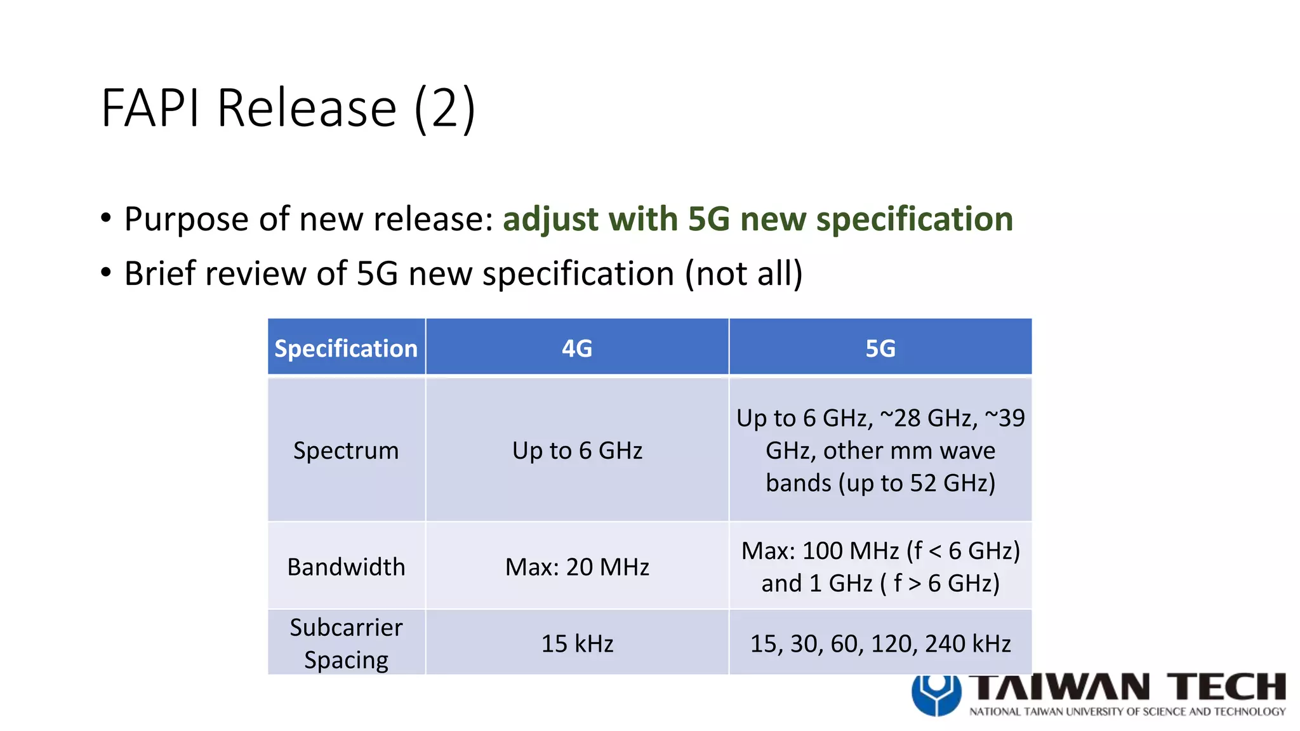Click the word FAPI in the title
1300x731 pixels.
pos(151,109)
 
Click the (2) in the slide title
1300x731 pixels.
pos(444,109)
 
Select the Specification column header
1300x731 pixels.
pos(346,348)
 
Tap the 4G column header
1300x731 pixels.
pos(577,348)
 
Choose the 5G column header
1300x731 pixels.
pos(880,348)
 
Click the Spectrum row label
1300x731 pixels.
pos(346,451)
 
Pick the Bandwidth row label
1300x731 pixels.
pos(346,567)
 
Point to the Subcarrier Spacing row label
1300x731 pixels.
pos(346,643)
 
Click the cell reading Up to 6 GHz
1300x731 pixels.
pos(577,451)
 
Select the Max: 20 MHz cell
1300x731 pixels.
pos(577,567)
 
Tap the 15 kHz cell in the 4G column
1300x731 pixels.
pos(577,643)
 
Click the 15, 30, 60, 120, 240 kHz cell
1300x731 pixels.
pos(880,643)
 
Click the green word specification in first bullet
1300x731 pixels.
pos(914,220)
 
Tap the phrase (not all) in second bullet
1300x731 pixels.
pos(743,274)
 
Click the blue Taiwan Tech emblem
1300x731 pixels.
pos(936,694)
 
